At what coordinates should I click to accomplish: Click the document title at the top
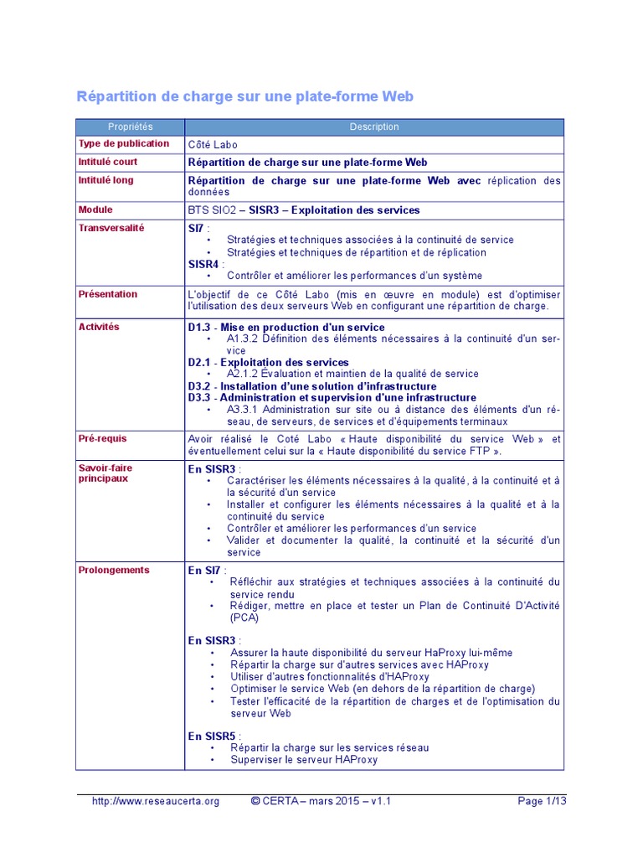[245, 96]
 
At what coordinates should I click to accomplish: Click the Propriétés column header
[131, 127]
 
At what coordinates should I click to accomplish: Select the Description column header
[374, 127]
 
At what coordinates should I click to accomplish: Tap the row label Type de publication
[123, 144]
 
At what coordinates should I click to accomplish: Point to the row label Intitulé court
[108, 162]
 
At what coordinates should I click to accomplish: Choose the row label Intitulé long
[105, 180]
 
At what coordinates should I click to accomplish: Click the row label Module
[95, 209]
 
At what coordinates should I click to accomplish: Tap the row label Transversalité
[111, 228]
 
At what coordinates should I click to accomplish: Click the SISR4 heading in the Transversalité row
[204, 264]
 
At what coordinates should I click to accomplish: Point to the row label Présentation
[108, 294]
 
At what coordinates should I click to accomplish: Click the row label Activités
[99, 327]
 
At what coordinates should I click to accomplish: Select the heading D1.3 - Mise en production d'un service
[286, 328]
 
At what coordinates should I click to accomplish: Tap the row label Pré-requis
[103, 438]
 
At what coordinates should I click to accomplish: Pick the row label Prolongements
[114, 570]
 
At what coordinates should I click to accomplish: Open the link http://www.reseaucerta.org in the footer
[156, 801]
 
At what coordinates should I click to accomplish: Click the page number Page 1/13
[542, 801]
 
